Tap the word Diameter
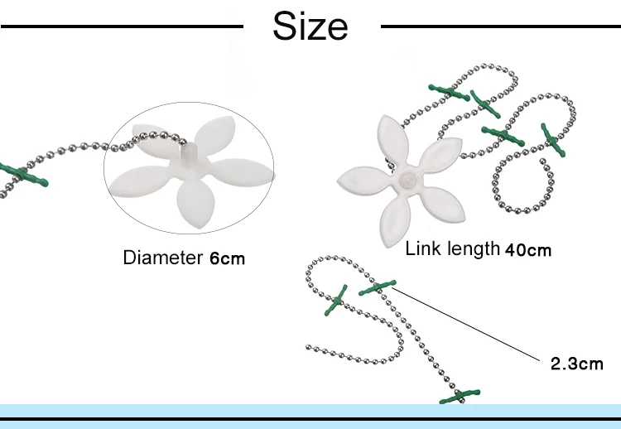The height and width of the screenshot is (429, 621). click(162, 258)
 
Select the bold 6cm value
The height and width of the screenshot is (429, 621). click(226, 258)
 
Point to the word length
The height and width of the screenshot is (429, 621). click(470, 248)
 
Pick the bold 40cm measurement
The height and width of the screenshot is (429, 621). click(527, 250)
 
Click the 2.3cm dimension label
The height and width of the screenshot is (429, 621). click(577, 364)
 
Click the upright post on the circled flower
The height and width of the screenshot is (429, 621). click(190, 153)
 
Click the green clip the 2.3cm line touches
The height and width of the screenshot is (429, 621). click(377, 287)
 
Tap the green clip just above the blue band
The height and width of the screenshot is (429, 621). click(460, 398)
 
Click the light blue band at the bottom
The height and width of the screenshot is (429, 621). click(310, 412)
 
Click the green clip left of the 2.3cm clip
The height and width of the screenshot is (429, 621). click(337, 301)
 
